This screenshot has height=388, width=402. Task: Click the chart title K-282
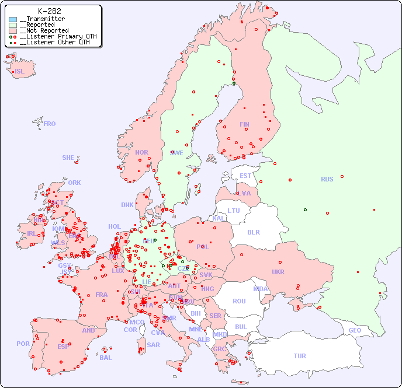pyautogui.click(x=49, y=11)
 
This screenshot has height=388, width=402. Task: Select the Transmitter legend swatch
pyautogui.click(x=13, y=19)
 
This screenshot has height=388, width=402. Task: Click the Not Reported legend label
pyautogui.click(x=44, y=30)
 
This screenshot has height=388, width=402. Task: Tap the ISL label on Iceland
pyautogui.click(x=20, y=72)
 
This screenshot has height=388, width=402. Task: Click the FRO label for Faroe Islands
pyautogui.click(x=50, y=124)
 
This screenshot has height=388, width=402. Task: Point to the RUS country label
pyautogui.click(x=327, y=179)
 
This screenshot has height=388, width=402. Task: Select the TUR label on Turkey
pyautogui.click(x=300, y=356)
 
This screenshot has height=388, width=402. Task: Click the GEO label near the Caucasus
pyautogui.click(x=355, y=330)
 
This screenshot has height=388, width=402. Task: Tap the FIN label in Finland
pyautogui.click(x=244, y=124)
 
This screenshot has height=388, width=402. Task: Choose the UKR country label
pyautogui.click(x=278, y=272)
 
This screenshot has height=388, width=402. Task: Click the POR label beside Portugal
pyautogui.click(x=23, y=344)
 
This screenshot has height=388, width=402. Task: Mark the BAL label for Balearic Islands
pyautogui.click(x=106, y=358)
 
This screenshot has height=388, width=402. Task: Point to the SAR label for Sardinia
pyautogui.click(x=153, y=345)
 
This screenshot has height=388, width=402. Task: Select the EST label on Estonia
pyautogui.click(x=245, y=176)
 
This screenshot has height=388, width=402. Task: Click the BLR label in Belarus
pyautogui.click(x=253, y=232)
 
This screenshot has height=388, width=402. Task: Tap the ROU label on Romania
pyautogui.click(x=239, y=301)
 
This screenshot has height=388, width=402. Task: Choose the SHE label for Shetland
pyautogui.click(x=68, y=158)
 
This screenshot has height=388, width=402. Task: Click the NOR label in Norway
pyautogui.click(x=141, y=152)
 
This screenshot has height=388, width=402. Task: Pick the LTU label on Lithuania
pyautogui.click(x=234, y=211)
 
